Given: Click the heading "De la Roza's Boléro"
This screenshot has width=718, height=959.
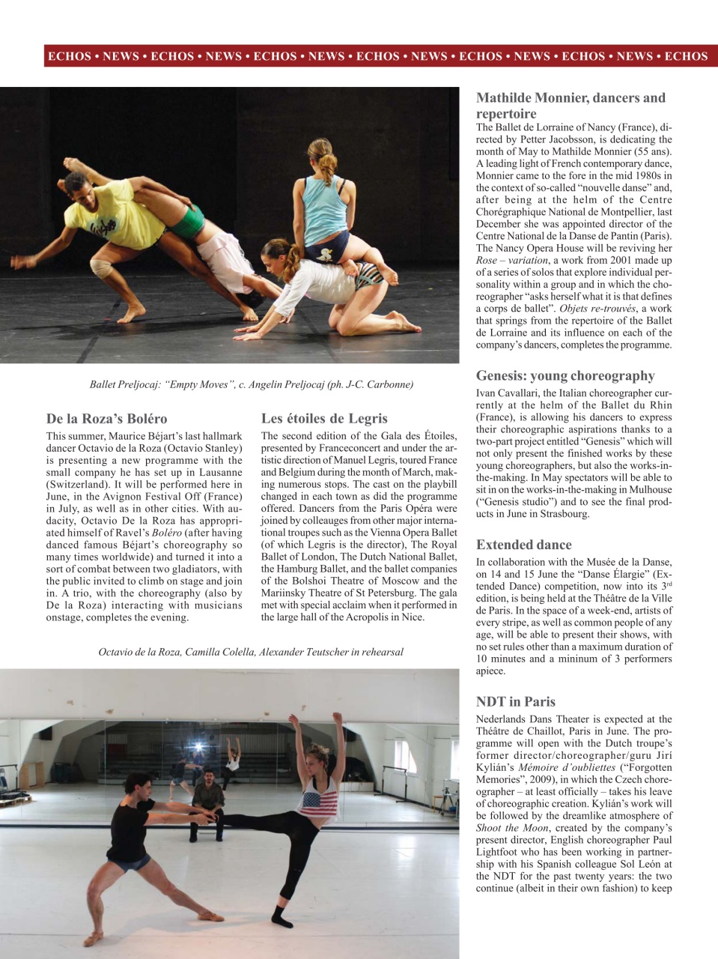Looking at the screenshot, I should [x=106, y=419].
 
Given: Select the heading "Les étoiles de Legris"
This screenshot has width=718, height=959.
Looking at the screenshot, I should [x=324, y=419].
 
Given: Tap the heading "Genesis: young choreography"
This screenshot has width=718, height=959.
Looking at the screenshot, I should [x=565, y=376].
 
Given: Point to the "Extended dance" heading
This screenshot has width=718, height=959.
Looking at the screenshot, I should [x=523, y=545].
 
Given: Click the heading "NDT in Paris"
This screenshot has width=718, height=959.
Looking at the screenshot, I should [x=515, y=702].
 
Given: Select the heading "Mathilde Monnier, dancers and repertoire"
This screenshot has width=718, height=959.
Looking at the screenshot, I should [x=571, y=106].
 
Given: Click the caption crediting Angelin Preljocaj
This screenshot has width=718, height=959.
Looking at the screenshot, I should [x=251, y=384].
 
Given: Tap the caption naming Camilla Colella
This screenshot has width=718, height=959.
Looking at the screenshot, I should [x=251, y=652].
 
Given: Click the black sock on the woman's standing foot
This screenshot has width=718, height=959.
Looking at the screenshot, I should [x=282, y=916].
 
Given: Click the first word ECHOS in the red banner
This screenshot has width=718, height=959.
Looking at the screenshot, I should [x=69, y=56].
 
